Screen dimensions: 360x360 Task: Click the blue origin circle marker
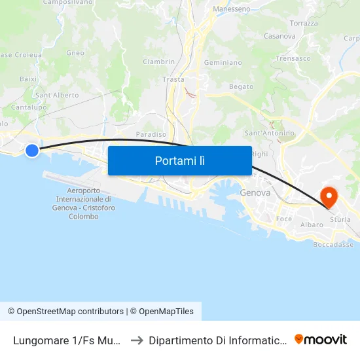pyautogui.click(x=32, y=151)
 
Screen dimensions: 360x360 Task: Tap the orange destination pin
pyautogui.click(x=327, y=196)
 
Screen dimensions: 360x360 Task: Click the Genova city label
pyautogui.click(x=255, y=193)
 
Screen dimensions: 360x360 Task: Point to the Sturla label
pyautogui.click(x=340, y=219)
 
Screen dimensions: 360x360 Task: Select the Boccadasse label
pyautogui.click(x=333, y=244)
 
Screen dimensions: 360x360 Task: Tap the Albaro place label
pyautogui.click(x=312, y=225)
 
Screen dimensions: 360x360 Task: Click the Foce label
pyautogui.click(x=284, y=219)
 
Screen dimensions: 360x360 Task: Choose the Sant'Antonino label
pyautogui.click(x=269, y=134)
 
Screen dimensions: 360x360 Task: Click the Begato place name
pyautogui.click(x=241, y=86)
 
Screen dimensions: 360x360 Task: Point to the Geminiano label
pyautogui.click(x=223, y=63)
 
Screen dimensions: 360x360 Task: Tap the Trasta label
pyautogui.click(x=173, y=79)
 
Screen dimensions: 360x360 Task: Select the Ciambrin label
pyautogui.click(x=159, y=62)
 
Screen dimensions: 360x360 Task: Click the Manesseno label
pyautogui.click(x=232, y=10)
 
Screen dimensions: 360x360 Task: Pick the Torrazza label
pyautogui.click(x=304, y=24)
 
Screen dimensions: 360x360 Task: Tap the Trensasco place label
pyautogui.click(x=293, y=58)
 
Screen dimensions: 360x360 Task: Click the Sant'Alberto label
pyautogui.click(x=57, y=95)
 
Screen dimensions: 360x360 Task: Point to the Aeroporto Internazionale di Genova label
pyautogui.click(x=83, y=204)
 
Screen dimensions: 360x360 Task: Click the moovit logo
pyautogui.click(x=320, y=339)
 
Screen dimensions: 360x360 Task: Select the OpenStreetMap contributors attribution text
pyautogui.click(x=70, y=312)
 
